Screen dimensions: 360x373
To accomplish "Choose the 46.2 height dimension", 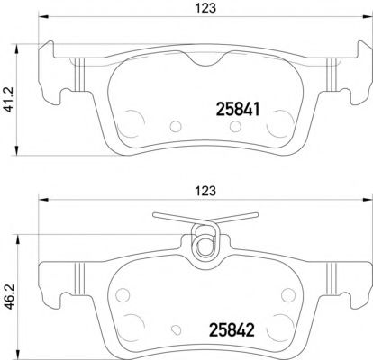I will tap(11, 292).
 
